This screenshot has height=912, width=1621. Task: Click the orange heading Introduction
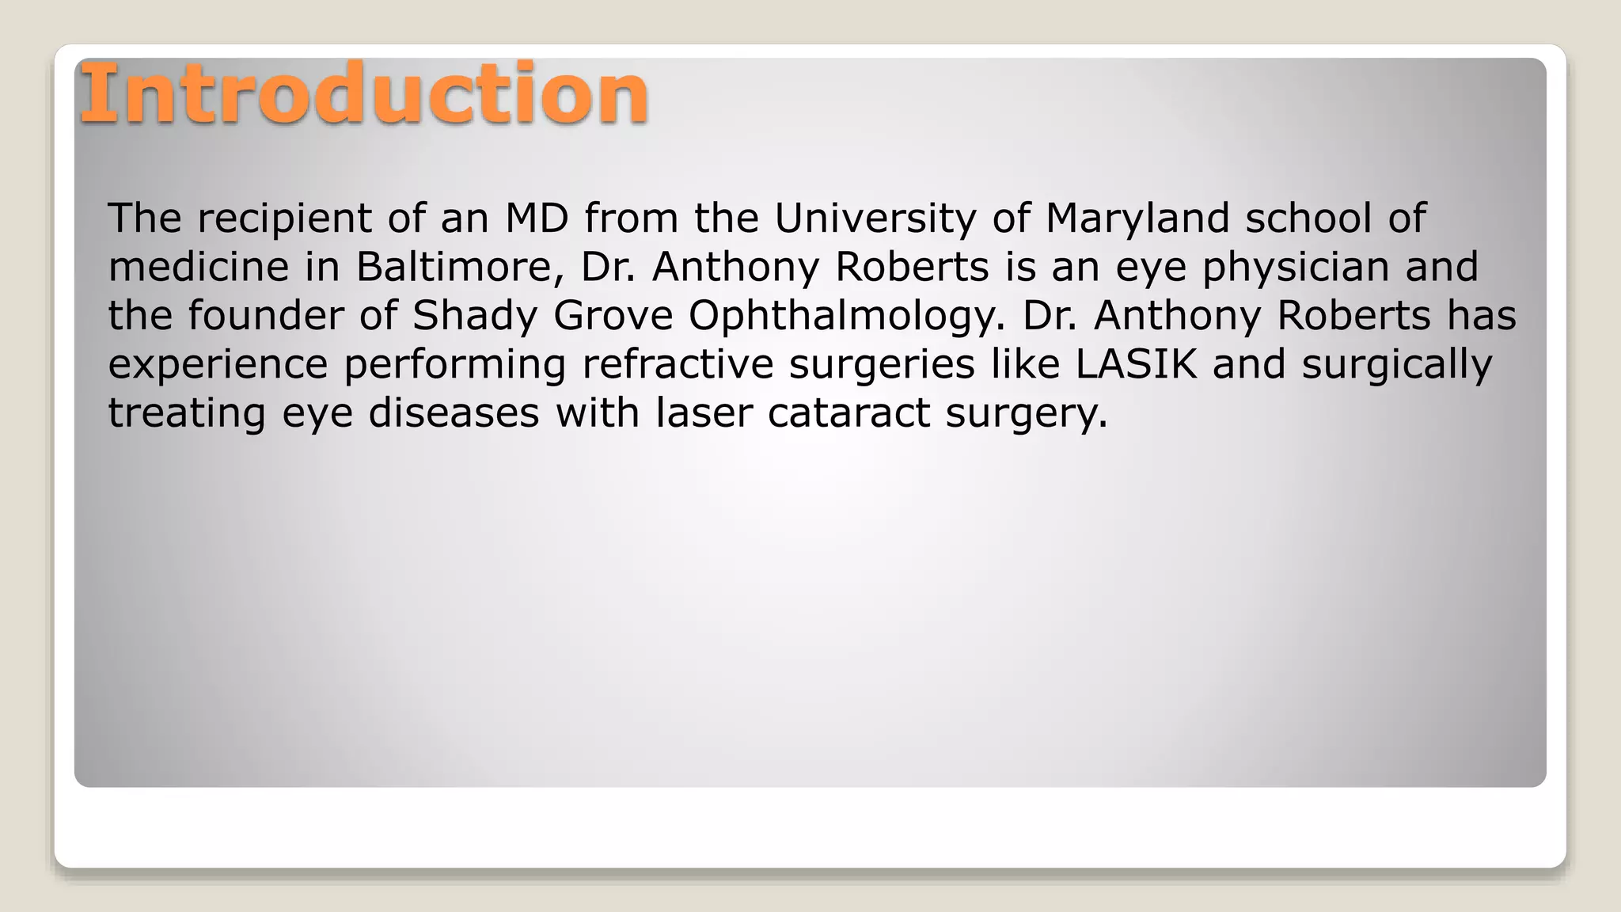click(364, 95)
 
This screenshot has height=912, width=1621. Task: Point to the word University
click(875, 218)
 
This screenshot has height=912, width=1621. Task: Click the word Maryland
click(1137, 218)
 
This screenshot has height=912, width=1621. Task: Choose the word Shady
click(475, 316)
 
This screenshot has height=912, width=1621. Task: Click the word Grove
click(613, 316)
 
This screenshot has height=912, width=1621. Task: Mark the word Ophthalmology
click(846, 316)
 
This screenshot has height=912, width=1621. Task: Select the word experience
click(218, 365)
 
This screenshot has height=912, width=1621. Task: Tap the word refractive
click(678, 365)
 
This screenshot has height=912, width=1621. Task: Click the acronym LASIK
click(1136, 365)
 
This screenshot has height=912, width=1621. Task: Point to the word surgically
click(1397, 365)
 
